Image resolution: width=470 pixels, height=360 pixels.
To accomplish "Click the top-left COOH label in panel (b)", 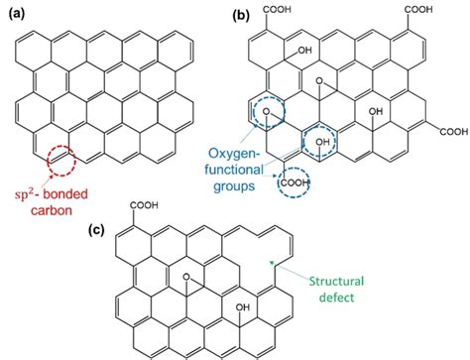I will click(281, 10).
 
